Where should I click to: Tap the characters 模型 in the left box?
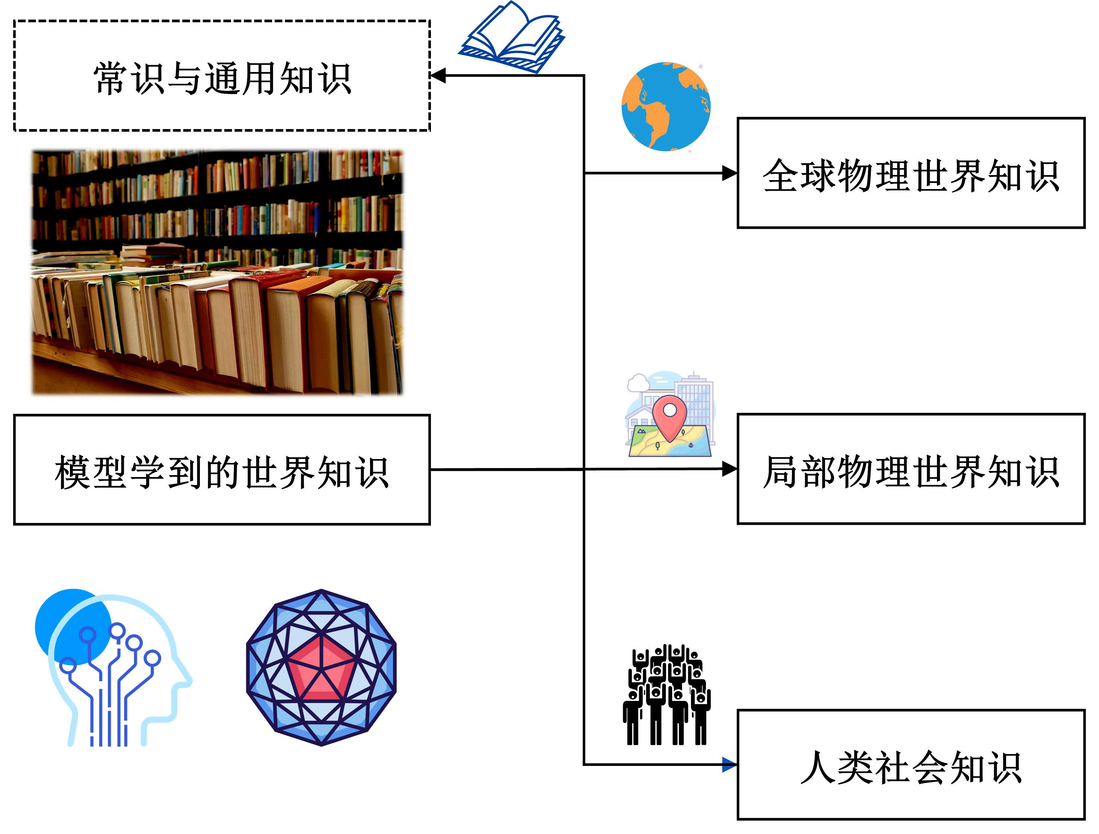click(x=91, y=472)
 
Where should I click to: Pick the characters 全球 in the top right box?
click(x=800, y=176)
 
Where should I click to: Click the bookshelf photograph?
click(x=217, y=272)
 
